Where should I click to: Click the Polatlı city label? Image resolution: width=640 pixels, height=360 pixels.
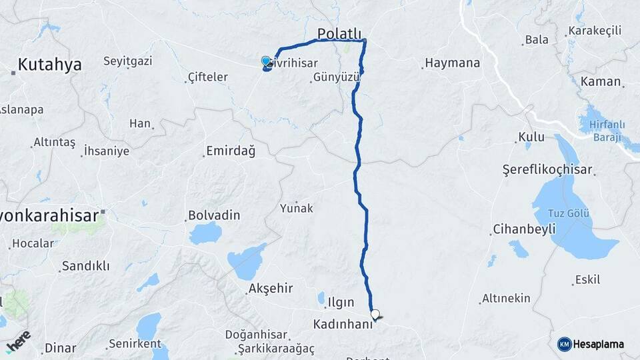click(339, 34)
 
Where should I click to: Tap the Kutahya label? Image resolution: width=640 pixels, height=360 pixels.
click(49, 65)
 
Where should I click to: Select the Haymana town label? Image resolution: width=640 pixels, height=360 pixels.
click(452, 63)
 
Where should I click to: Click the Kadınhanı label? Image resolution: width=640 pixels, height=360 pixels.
click(345, 325)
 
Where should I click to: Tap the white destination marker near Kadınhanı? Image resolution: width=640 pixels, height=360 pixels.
click(375, 314)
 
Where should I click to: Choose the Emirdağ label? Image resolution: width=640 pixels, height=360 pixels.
click(231, 151)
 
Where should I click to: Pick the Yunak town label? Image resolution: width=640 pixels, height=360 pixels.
click(296, 208)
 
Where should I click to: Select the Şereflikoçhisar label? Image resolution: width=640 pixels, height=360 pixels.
click(547, 170)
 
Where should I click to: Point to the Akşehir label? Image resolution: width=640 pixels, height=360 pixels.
click(270, 289)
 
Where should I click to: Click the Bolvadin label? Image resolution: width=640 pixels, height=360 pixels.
click(214, 216)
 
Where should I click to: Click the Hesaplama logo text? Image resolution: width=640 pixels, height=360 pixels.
click(598, 344)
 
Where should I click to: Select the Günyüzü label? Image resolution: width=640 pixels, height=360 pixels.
click(336, 77)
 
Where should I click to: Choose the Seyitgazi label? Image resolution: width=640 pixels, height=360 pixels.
click(127, 61)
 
